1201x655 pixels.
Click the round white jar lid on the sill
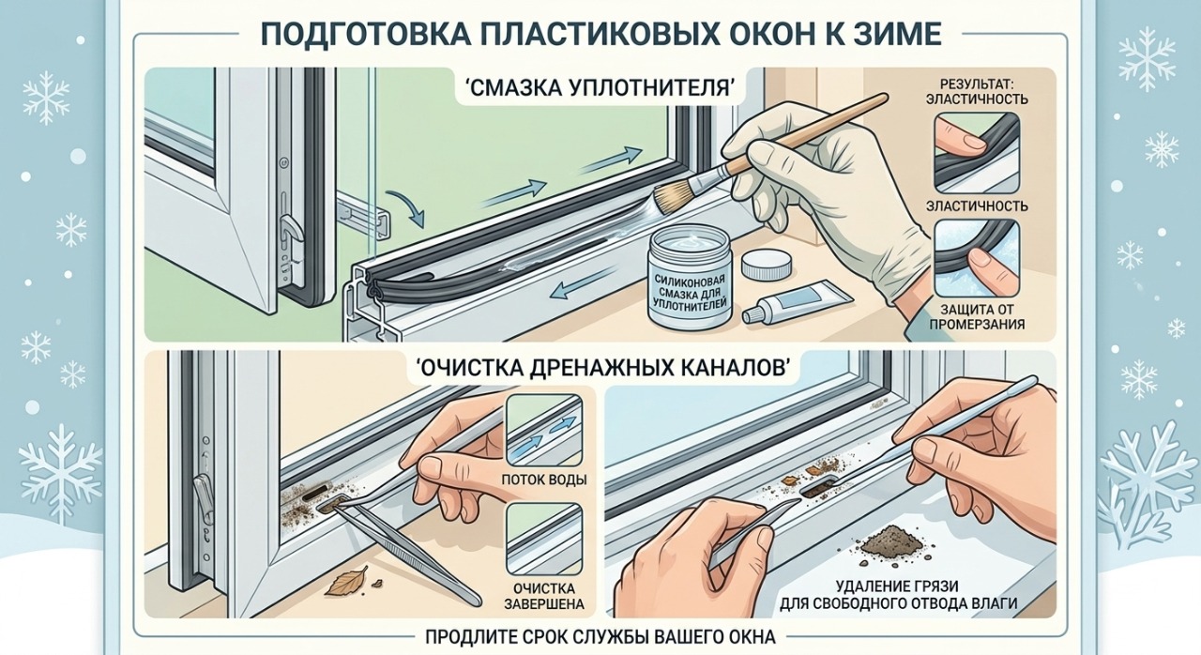766,266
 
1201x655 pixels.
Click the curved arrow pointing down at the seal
403,207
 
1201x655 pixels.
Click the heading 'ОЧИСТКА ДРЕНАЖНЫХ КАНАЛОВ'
600,370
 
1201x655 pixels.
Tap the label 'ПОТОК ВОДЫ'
543,480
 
